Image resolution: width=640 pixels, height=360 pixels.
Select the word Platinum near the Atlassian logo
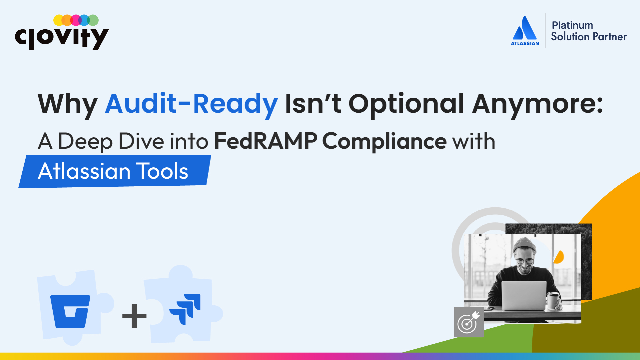pos(572,25)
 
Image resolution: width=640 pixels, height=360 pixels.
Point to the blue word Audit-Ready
pos(191,104)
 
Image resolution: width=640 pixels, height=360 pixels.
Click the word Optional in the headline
pos(406,104)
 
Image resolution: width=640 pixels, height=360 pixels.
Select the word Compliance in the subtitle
pos(384,141)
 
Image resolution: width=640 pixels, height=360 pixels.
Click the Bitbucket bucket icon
pos(70,311)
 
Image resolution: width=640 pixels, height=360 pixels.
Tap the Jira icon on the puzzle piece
pos(185,309)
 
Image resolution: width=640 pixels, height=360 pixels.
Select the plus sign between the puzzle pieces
pos(134,316)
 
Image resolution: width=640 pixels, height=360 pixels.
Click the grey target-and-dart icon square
pos(469,322)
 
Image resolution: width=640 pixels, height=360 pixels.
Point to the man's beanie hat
pos(524,244)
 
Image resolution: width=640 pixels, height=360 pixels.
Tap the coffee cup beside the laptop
pos(553,300)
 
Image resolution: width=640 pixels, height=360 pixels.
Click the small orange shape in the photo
pos(559,257)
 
